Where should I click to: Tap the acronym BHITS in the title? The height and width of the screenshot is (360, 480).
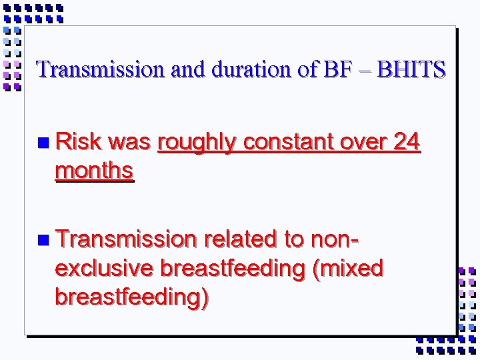coord(411,69)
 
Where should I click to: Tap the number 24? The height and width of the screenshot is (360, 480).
coord(405,142)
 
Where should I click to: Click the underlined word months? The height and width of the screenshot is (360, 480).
coord(95,171)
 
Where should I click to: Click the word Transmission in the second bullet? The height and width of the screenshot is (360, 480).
coord(127,239)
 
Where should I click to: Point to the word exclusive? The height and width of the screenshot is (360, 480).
coord(104,268)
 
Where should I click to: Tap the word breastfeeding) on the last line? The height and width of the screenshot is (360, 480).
coord(131,297)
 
